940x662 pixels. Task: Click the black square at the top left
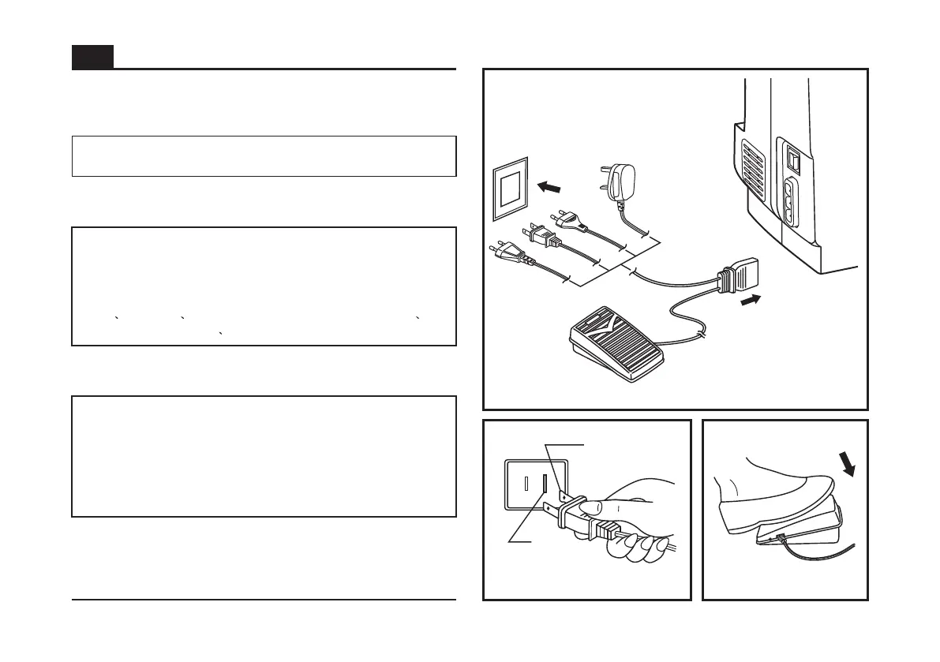pos(92,57)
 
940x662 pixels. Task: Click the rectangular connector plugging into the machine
pos(740,276)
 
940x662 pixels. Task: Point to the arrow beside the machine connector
pos(751,300)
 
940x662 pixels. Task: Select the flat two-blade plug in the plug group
pos(545,237)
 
